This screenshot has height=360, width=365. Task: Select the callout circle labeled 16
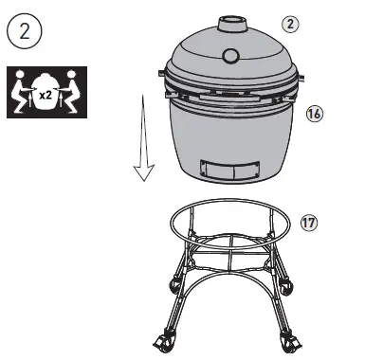(x=317, y=114)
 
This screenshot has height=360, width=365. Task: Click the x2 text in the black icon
(x=45, y=94)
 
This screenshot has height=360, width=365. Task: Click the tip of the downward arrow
(x=143, y=177)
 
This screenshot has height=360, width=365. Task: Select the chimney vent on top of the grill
(x=231, y=24)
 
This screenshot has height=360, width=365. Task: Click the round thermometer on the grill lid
(x=231, y=54)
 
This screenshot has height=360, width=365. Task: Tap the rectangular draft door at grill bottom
(x=230, y=171)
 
